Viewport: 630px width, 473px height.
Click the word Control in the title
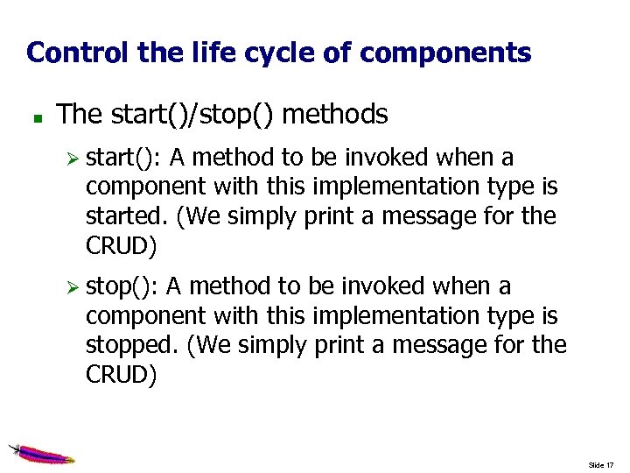[x=78, y=53]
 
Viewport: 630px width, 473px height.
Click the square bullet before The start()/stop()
[x=31, y=116]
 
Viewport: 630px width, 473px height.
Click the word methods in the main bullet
[x=335, y=114]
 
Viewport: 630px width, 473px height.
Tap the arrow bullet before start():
[x=74, y=159]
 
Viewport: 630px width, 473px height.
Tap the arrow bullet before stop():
[x=74, y=288]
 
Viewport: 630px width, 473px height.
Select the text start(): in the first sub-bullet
[x=123, y=159]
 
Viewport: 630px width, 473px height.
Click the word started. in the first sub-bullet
[x=127, y=216]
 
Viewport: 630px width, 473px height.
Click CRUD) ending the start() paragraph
[x=122, y=246]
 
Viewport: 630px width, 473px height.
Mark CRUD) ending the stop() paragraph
[x=122, y=375]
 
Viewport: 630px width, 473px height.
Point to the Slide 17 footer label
[x=601, y=464]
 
